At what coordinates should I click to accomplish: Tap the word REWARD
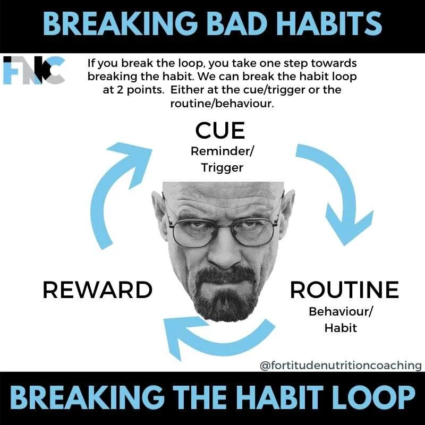pos(97,290)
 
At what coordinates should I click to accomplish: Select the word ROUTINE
pos(344,290)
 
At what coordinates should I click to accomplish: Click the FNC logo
pos(34,70)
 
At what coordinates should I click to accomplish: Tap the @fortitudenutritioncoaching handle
pos(341,365)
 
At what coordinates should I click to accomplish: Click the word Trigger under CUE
pos(222,168)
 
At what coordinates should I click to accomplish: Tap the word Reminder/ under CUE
pos(222,151)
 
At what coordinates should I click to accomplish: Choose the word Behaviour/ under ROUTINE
pos(341,311)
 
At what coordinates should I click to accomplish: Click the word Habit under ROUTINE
pos(341,328)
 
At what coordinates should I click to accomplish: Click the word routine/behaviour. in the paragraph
pos(222,104)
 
